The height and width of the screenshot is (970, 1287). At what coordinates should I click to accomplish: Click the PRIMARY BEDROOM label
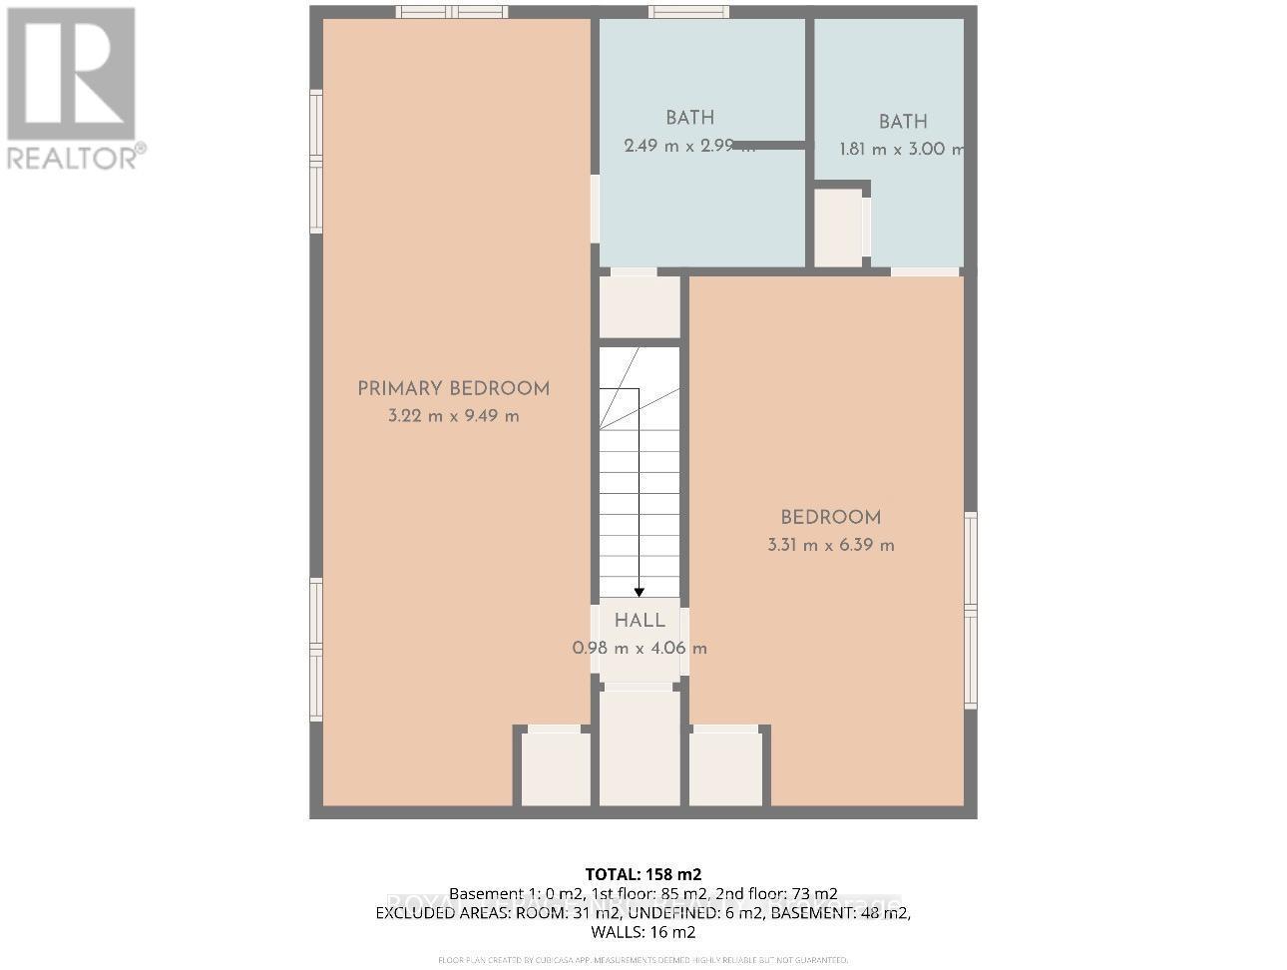(453, 389)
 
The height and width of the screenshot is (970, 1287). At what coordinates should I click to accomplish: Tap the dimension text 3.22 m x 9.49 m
(453, 416)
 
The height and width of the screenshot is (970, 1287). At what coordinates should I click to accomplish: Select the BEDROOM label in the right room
(830, 517)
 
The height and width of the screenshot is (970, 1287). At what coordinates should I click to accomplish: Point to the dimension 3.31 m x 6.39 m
(830, 545)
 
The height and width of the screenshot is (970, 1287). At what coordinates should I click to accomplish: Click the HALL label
(640, 621)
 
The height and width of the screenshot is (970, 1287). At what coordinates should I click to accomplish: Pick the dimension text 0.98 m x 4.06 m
(640, 648)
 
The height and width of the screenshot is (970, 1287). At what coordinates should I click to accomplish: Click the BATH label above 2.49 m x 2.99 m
(689, 118)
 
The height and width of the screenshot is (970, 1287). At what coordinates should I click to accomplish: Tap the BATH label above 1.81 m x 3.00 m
(903, 122)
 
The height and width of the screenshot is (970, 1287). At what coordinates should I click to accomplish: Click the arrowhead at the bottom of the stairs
(640, 592)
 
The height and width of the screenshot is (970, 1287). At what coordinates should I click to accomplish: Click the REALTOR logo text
(76, 157)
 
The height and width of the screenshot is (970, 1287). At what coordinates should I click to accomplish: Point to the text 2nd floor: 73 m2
(777, 893)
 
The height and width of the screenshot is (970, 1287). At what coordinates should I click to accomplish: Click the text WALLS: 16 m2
(643, 932)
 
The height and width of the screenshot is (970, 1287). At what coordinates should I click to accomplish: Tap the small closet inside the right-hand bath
(839, 228)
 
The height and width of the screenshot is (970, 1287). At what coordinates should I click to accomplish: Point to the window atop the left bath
(687, 12)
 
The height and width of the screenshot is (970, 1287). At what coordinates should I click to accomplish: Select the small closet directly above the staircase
(640, 306)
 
